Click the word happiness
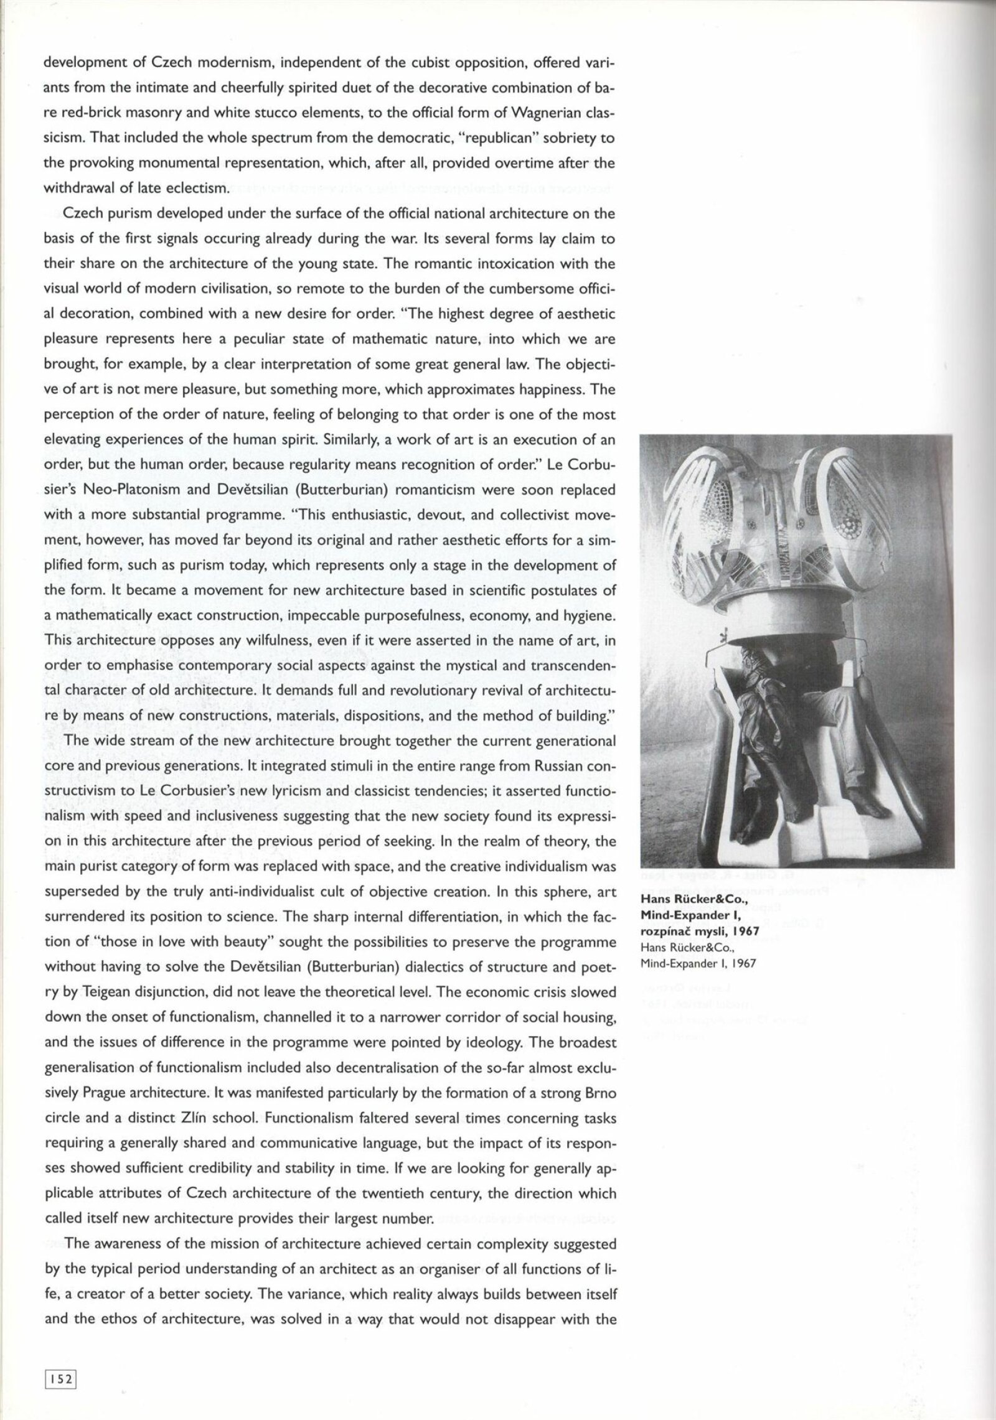tap(558, 390)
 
